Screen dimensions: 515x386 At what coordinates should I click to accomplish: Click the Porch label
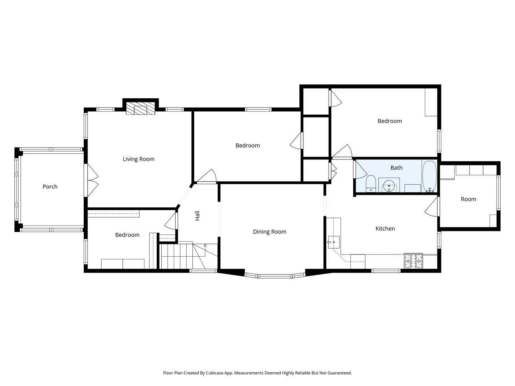[50, 187]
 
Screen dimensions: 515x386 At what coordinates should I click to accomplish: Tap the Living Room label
[139, 159]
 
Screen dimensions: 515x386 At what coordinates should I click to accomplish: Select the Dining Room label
[270, 232]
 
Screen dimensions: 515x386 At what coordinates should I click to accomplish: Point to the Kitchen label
[385, 228]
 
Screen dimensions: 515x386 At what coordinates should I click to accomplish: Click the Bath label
[396, 168]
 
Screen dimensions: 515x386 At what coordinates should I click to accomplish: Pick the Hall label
[197, 216]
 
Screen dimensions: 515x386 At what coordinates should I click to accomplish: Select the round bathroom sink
[389, 186]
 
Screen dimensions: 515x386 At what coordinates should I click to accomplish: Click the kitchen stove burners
[413, 261]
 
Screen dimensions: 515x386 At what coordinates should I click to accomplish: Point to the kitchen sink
[334, 242]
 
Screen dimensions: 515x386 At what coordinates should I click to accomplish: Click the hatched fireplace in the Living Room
[140, 108]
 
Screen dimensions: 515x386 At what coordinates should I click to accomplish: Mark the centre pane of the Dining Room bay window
[275, 276]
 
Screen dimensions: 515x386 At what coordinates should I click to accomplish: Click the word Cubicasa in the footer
[215, 373]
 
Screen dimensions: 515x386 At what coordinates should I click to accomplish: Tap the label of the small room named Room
[468, 199]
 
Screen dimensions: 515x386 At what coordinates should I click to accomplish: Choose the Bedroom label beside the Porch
[127, 235]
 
